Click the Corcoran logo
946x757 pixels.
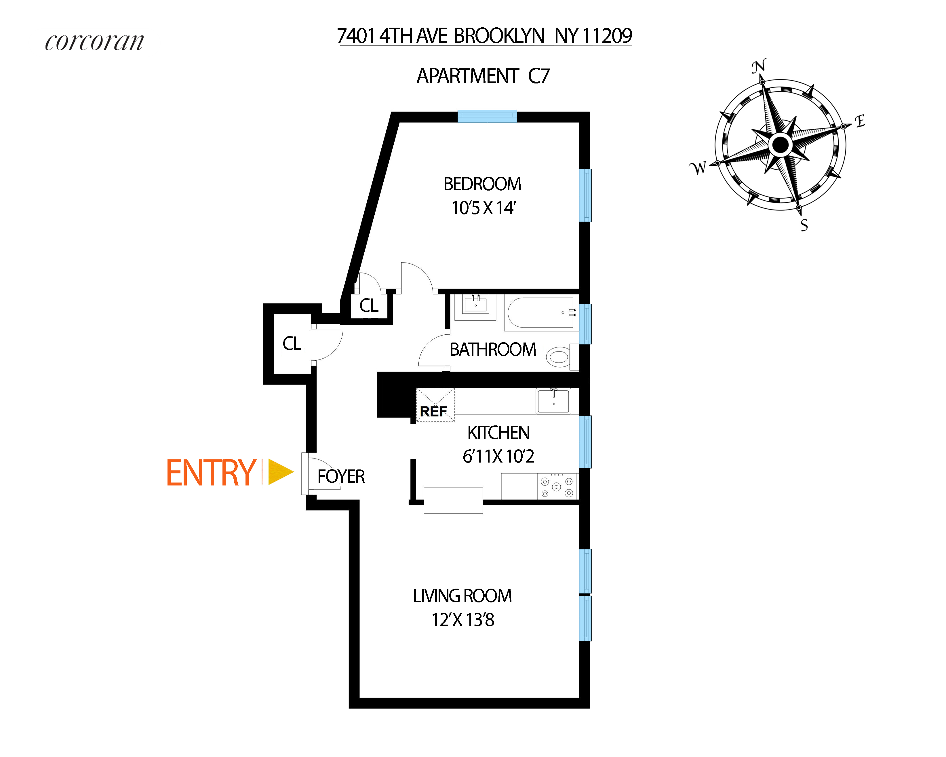pyautogui.click(x=94, y=42)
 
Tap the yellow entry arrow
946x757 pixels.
pyautogui.click(x=280, y=472)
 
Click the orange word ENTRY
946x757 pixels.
pyautogui.click(x=211, y=473)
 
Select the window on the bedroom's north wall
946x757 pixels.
pyautogui.click(x=487, y=116)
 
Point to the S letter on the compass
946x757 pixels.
pyautogui.click(x=804, y=225)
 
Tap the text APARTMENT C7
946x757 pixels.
pyautogui.click(x=483, y=76)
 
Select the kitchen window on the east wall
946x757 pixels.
pyautogui.click(x=585, y=442)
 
